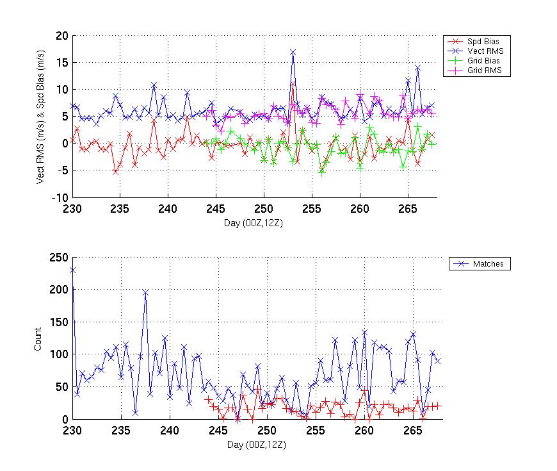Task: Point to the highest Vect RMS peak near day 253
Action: click(x=293, y=52)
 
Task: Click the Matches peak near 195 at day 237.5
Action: click(x=145, y=292)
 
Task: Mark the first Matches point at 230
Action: click(x=72, y=270)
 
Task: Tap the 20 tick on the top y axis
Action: click(x=62, y=36)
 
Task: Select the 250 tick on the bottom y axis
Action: click(x=59, y=257)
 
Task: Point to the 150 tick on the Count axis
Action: click(x=59, y=322)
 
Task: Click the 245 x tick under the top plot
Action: click(x=216, y=208)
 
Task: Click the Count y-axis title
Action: click(x=38, y=338)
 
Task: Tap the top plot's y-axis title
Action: click(x=40, y=117)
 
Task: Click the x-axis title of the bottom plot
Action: click(x=256, y=444)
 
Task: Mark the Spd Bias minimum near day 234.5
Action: click(x=115, y=172)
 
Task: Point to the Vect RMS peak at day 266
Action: click(x=417, y=67)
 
